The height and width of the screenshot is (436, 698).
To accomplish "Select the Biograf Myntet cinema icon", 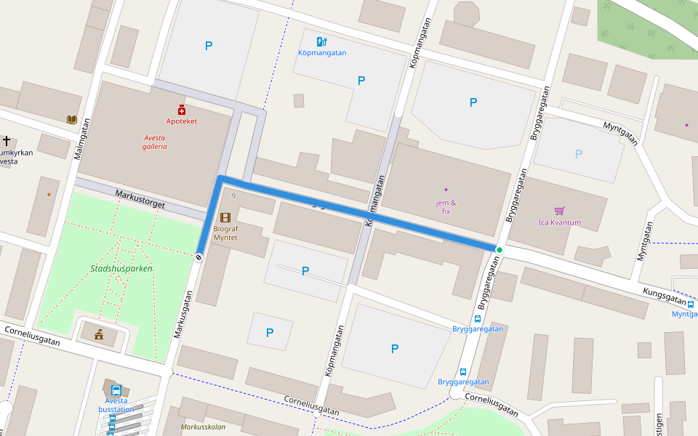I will click(x=225, y=217).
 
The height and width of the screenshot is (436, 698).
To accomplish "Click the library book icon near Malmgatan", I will click(x=71, y=119).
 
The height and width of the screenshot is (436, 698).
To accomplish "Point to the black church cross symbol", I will click(x=7, y=140).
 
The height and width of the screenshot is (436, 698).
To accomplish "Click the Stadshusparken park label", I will click(x=121, y=268).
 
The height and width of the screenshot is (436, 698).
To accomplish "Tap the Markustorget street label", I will click(x=140, y=200).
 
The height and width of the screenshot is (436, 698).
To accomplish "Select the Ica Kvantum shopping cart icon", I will click(x=559, y=211).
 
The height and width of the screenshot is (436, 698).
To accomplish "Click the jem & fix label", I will click(x=446, y=207).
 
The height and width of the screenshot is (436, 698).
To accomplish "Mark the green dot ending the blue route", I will click(x=499, y=250).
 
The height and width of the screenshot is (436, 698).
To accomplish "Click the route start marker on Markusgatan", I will click(x=198, y=256).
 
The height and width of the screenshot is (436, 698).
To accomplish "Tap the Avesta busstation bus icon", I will click(x=116, y=389).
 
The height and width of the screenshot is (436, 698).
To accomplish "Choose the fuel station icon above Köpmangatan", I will click(x=322, y=41).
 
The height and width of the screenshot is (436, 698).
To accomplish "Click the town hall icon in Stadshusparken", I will click(x=99, y=334).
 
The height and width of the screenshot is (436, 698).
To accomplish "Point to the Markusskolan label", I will click(x=203, y=427).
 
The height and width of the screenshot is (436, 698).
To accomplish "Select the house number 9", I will click(x=233, y=196).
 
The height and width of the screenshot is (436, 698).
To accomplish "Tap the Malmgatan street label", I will click(x=81, y=138).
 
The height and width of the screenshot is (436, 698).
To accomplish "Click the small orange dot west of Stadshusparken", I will click(x=49, y=194).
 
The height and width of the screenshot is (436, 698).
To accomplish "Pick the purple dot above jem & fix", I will click(x=446, y=190).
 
